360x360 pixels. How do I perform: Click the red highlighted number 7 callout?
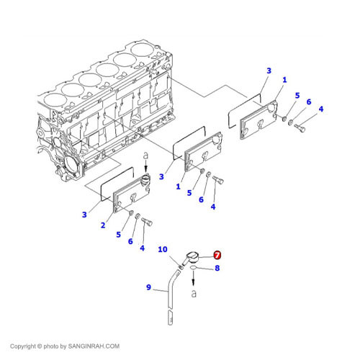coord(217,255)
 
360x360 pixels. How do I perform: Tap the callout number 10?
coord(163,249)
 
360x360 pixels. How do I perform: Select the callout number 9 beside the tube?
coord(148,287)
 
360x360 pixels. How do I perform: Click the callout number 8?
coord(217,268)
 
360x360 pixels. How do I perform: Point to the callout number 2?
coord(103,225)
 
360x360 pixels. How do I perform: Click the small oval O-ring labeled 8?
coord(194,268)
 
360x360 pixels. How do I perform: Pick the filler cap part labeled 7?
coord(192,258)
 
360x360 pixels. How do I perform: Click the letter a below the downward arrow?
coord(194,293)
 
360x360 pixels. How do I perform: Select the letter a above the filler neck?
coord(145,156)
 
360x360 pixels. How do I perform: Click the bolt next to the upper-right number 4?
coord(300,128)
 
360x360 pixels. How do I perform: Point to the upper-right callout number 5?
coord(297,96)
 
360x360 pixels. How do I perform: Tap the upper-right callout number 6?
coord(309,102)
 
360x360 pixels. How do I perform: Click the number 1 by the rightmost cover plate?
coord(284,80)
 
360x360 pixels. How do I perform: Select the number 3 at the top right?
coord(269,71)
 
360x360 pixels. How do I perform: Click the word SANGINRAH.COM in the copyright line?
coord(94,346)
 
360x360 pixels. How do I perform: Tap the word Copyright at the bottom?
coord(23,346)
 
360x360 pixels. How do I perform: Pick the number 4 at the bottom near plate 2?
coord(143,248)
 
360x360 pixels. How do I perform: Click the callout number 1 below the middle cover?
coord(178,186)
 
